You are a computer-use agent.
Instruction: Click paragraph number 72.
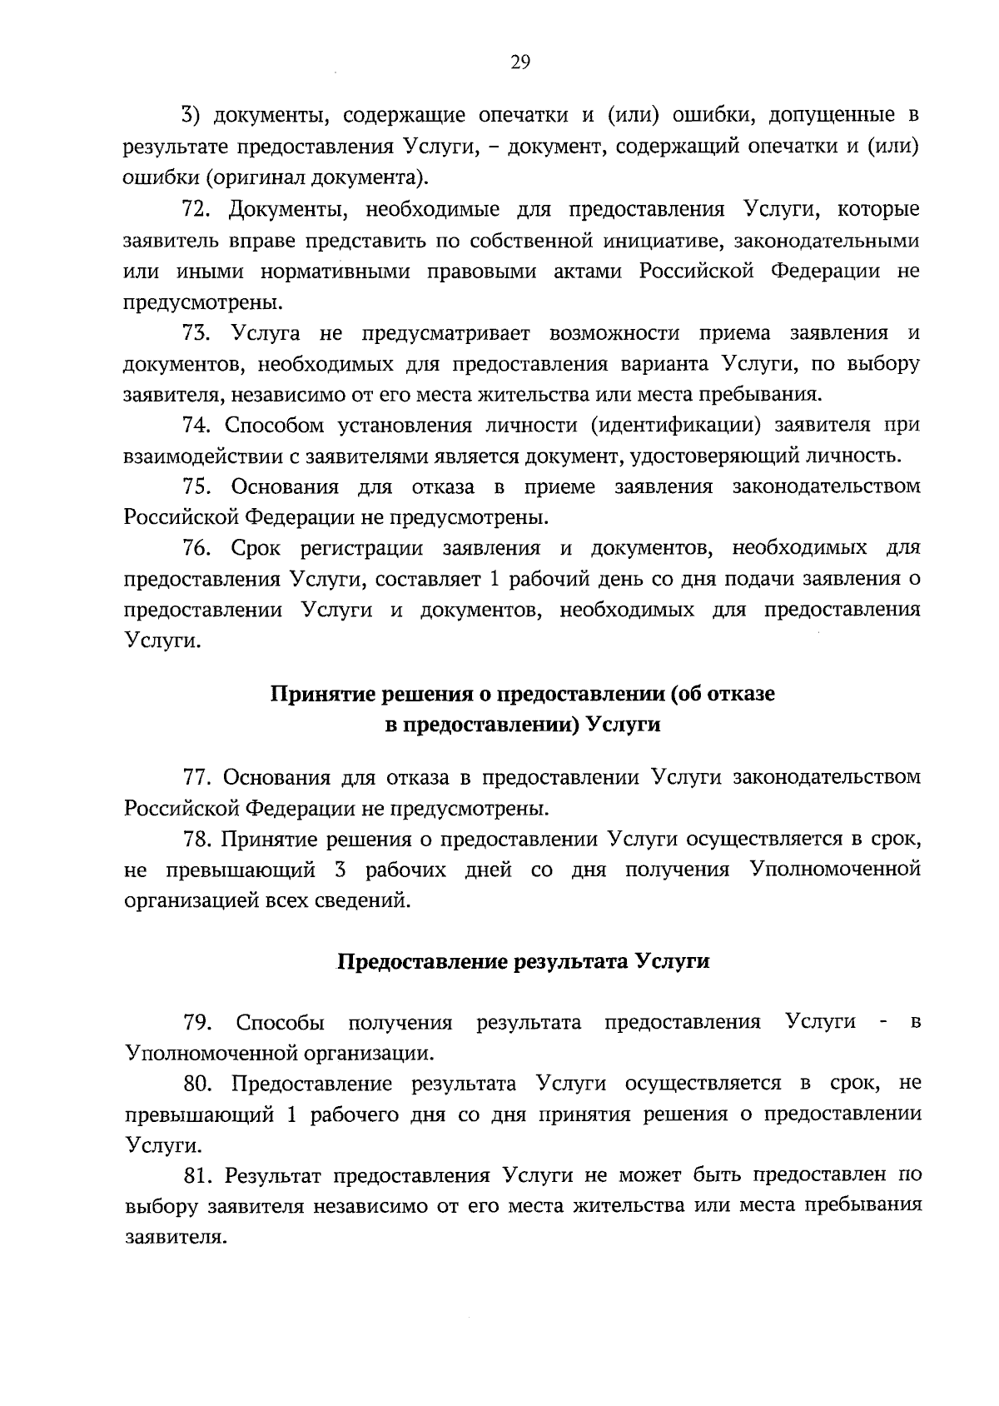[196, 209]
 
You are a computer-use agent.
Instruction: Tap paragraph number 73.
[196, 333]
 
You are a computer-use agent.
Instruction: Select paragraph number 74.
[196, 426]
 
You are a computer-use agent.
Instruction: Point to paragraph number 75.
[196, 486]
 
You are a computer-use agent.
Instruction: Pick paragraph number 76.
[196, 548]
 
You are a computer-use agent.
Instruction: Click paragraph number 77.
[196, 777]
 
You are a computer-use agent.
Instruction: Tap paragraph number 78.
[196, 840]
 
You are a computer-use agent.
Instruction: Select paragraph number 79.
[196, 1022]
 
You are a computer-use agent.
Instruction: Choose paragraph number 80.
[196, 1084]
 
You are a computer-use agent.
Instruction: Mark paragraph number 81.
[196, 1175]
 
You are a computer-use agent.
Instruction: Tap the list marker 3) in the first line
[192, 114]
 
